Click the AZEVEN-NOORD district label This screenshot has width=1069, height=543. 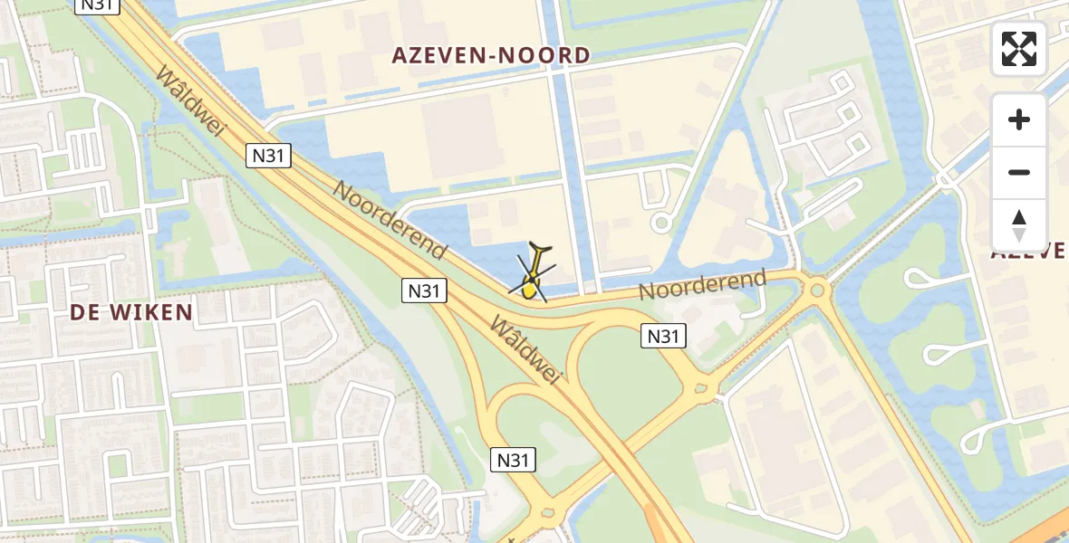pyautogui.click(x=490, y=55)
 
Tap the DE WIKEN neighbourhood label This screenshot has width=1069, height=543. pyautogui.click(x=131, y=313)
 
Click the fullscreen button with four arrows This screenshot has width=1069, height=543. pyautogui.click(x=1019, y=49)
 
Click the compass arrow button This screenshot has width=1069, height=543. pyautogui.click(x=1019, y=225)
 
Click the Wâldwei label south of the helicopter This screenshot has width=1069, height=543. pyautogui.click(x=525, y=350)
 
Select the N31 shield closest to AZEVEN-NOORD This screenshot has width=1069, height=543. pyautogui.click(x=268, y=156)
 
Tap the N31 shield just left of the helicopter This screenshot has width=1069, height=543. pyautogui.click(x=424, y=291)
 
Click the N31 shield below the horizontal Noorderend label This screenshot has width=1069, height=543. pyautogui.click(x=663, y=337)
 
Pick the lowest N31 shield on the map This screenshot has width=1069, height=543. pyautogui.click(x=513, y=460)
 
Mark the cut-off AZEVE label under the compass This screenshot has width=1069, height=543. pyautogui.click(x=1031, y=251)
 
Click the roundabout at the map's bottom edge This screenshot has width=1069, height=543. pyautogui.click(x=547, y=514)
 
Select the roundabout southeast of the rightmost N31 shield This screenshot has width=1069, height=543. pyautogui.click(x=701, y=391)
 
